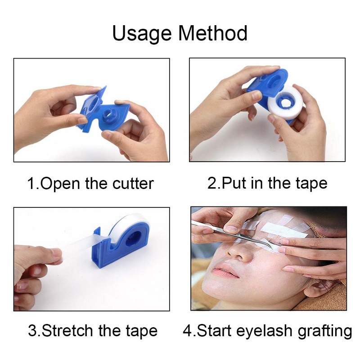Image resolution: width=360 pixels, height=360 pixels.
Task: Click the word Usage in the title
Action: (x=142, y=33)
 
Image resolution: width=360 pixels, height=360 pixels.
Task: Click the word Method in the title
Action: (x=212, y=33)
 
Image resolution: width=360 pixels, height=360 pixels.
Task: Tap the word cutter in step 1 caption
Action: (x=133, y=184)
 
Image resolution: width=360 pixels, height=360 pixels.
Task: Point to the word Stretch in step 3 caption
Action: (x=67, y=331)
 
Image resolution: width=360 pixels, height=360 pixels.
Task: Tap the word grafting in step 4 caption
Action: (x=325, y=331)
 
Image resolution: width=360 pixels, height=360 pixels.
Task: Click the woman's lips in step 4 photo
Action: (x=225, y=270)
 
